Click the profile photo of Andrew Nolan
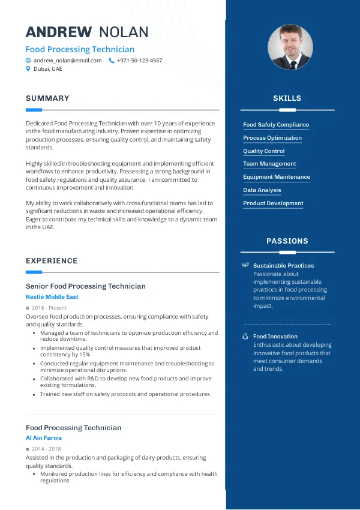(290, 47)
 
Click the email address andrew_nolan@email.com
(67, 61)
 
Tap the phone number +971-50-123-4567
(139, 61)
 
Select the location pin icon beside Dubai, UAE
(28, 69)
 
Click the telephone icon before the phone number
(112, 61)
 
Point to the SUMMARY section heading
(47, 98)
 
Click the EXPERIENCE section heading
(52, 261)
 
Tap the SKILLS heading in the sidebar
(287, 98)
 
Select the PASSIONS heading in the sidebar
(287, 241)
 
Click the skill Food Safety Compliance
(276, 125)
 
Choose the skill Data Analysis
(262, 190)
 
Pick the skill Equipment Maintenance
(277, 177)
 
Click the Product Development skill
(273, 203)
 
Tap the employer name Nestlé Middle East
(52, 297)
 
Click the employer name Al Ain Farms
(44, 438)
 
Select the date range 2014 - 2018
(46, 449)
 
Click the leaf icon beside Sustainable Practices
(245, 265)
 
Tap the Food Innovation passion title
(275, 337)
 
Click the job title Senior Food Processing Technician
(86, 286)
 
